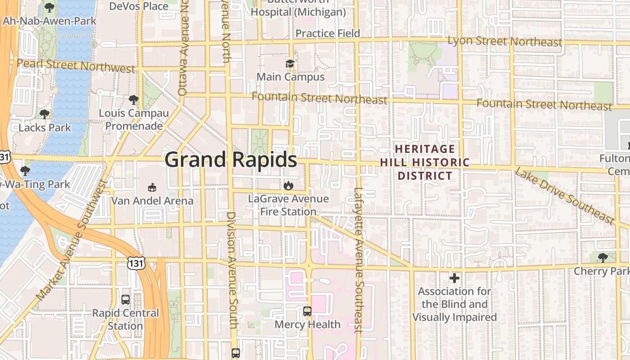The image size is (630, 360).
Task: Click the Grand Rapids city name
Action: tap(230, 160)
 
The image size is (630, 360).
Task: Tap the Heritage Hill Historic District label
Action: tap(425, 162)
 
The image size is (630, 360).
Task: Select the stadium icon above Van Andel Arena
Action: tap(152, 187)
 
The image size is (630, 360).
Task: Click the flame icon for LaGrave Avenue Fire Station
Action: tap(288, 185)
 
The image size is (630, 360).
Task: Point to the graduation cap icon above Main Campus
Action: tap(290, 64)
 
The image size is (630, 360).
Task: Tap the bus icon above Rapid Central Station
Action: tap(126, 299)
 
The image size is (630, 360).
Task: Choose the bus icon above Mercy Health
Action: tap(307, 311)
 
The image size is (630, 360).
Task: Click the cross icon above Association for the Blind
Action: tap(454, 278)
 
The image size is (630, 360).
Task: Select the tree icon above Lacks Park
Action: tap(45, 114)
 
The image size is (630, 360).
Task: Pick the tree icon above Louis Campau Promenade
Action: tap(134, 99)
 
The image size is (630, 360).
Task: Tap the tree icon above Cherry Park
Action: tap(603, 258)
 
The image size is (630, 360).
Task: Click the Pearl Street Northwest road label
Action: tap(76, 65)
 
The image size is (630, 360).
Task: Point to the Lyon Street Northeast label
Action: tap(505, 41)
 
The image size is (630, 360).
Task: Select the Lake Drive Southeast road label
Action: tap(564, 195)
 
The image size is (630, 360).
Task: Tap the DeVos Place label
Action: tap(139, 6)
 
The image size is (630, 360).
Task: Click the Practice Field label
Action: tap(328, 33)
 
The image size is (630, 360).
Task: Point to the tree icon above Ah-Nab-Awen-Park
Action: tap(49, 8)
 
